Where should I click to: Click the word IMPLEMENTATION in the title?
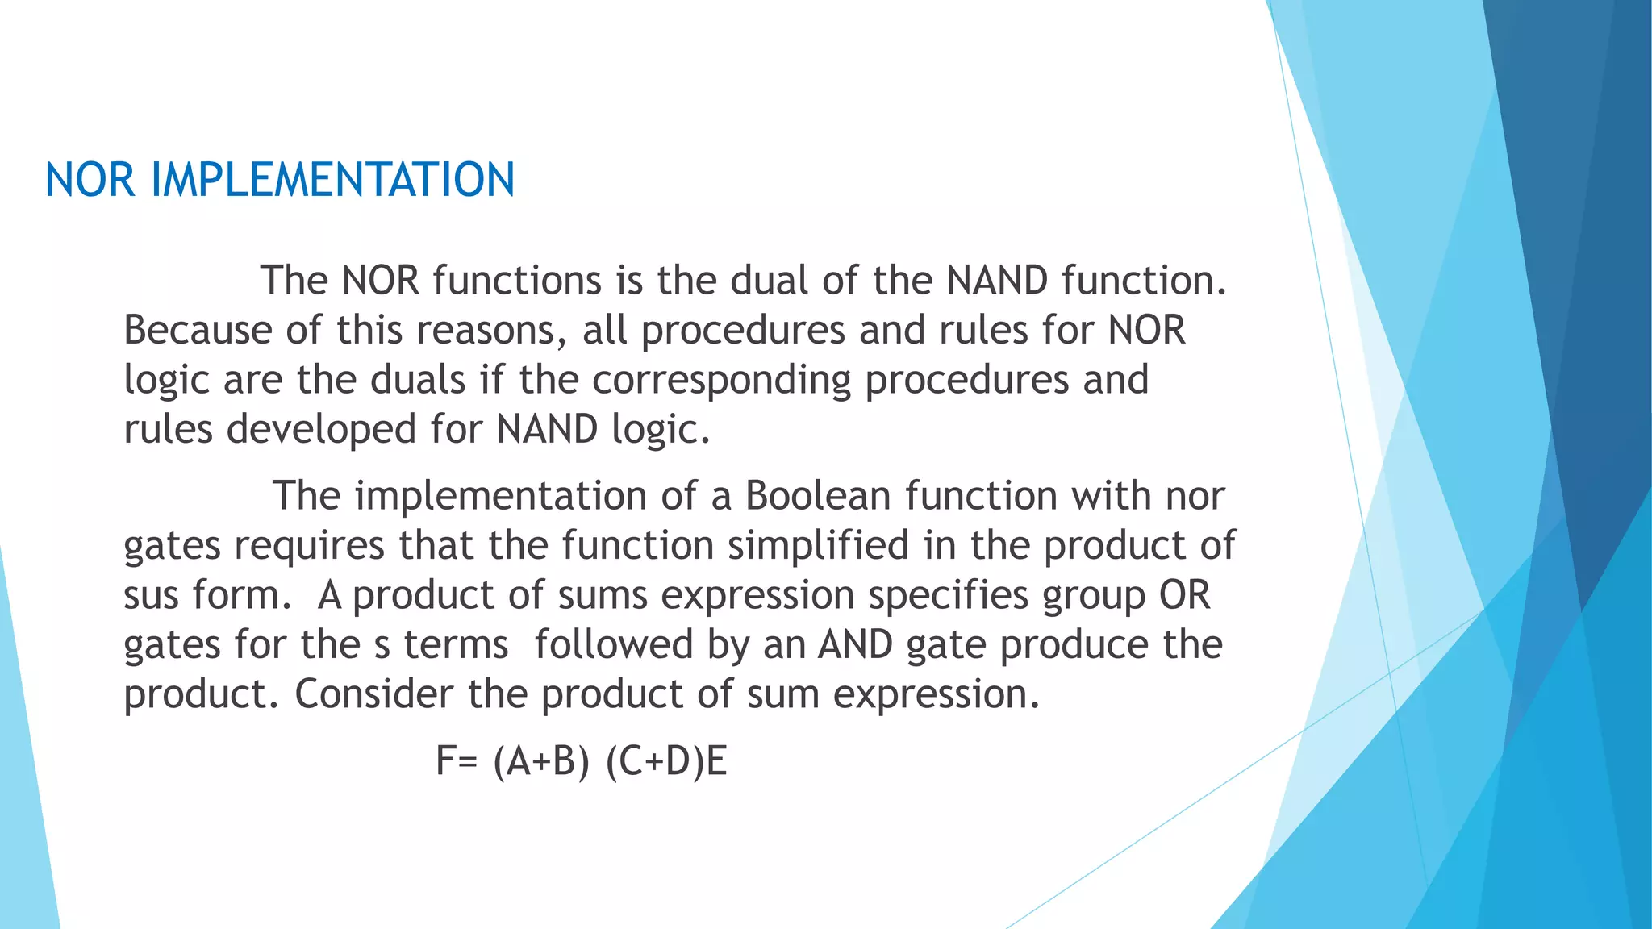(x=332, y=180)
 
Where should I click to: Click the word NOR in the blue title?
(x=90, y=180)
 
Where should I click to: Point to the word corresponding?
(x=721, y=380)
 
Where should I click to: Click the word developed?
(x=321, y=429)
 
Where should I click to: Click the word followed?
(x=613, y=644)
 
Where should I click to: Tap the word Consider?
(x=373, y=694)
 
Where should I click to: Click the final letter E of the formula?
(x=717, y=761)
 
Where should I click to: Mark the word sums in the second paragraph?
(x=603, y=596)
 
